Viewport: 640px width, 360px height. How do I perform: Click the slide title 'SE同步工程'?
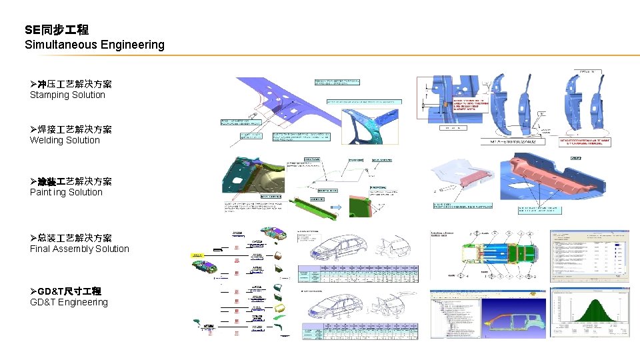[57, 29]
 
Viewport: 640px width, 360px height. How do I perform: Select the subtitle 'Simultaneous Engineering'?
[94, 45]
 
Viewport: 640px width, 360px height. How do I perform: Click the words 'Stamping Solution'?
[67, 95]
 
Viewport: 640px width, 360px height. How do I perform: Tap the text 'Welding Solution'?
[65, 140]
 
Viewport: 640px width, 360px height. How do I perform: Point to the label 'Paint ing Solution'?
[66, 192]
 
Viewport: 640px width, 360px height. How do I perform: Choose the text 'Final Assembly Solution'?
[79, 249]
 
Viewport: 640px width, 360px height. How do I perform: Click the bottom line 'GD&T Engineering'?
[69, 302]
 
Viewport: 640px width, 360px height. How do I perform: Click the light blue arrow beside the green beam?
[336, 207]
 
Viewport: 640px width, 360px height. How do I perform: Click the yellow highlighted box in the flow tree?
[198, 255]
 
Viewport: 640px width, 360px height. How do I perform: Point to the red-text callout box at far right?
[585, 142]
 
